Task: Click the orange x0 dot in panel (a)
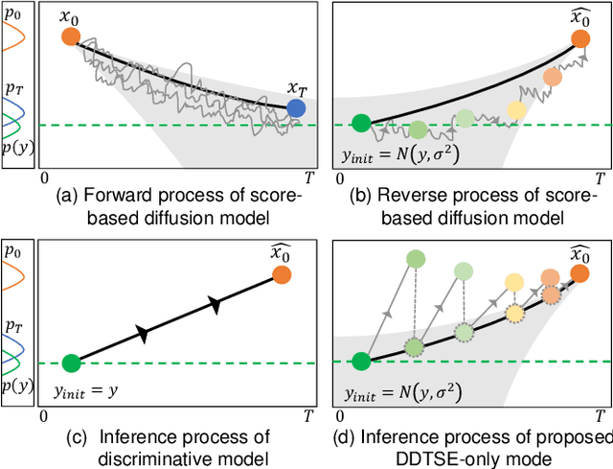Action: [70, 36]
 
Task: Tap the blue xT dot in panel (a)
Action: [297, 109]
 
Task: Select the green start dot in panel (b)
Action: [360, 122]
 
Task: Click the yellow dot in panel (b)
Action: [517, 109]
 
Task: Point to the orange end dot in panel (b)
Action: [579, 38]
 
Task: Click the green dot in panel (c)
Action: [70, 363]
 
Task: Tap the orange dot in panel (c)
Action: [281, 275]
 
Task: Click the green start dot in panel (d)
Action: [360, 362]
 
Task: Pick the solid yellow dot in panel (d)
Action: [515, 282]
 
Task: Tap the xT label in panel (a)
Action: [298, 88]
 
